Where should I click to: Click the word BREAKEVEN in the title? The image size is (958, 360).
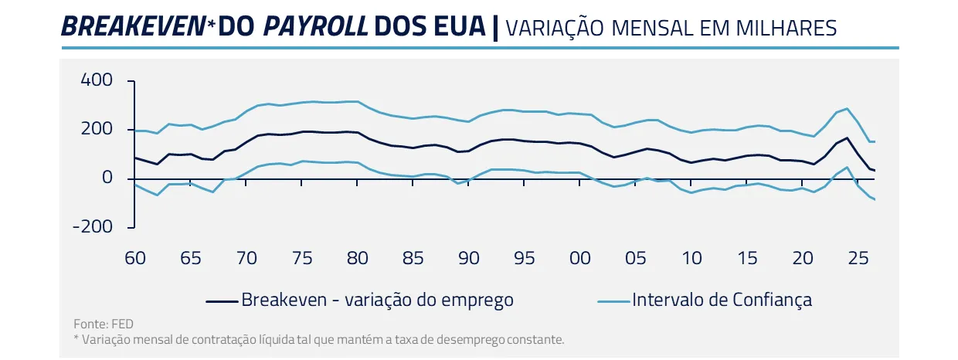[132, 26]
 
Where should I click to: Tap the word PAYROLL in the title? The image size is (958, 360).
[315, 26]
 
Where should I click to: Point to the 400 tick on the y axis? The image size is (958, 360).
[97, 80]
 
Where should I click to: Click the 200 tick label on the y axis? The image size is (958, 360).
[97, 129]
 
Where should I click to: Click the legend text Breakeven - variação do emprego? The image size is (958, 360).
[377, 299]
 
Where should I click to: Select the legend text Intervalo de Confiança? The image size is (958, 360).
[722, 299]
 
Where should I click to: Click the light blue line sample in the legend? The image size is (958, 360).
[613, 300]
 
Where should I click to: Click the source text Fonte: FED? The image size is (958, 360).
[97, 324]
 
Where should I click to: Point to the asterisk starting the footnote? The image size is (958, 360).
[76, 338]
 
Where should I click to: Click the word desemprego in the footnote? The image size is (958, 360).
[473, 339]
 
